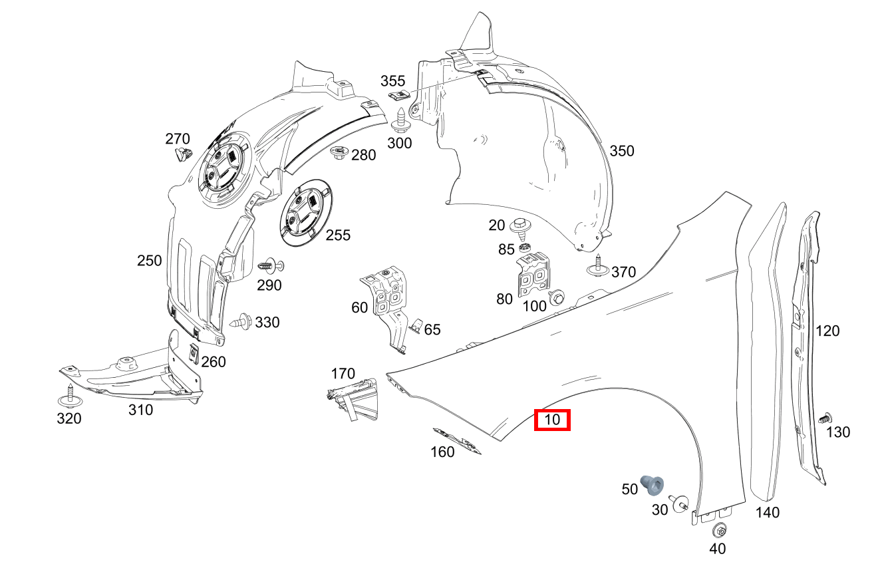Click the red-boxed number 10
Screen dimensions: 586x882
(x=552, y=420)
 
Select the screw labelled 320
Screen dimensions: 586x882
(x=70, y=396)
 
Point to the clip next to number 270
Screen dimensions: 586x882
(x=182, y=156)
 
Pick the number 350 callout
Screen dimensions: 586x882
(x=622, y=151)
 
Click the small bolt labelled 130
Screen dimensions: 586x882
(x=823, y=418)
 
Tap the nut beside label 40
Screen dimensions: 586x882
(x=718, y=531)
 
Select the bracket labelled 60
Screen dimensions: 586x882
(x=387, y=303)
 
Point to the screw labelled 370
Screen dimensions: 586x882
(x=598, y=266)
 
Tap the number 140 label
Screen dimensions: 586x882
(x=768, y=512)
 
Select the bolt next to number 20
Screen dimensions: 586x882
(x=521, y=227)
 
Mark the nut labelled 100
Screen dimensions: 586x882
(x=556, y=296)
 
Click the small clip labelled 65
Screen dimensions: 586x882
(x=415, y=326)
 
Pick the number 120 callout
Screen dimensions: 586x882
(x=827, y=331)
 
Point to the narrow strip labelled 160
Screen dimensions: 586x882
(x=457, y=440)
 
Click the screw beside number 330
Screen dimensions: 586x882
(x=241, y=323)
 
